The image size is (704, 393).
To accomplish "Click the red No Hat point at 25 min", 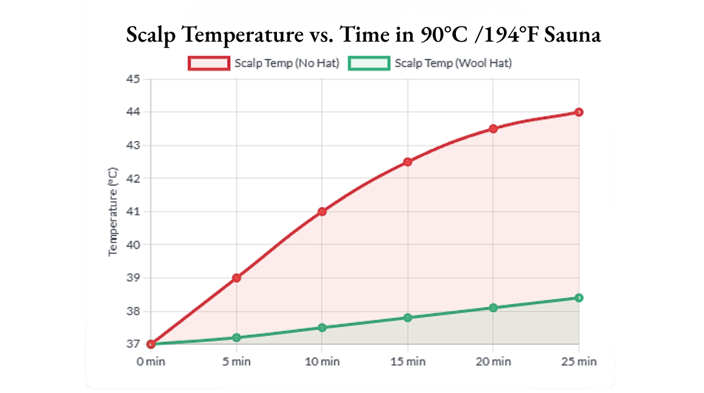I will [x=578, y=112].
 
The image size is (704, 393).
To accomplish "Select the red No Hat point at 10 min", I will [x=322, y=211].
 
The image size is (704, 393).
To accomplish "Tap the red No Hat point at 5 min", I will [x=236, y=277].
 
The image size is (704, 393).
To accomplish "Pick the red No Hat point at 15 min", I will [x=408, y=162].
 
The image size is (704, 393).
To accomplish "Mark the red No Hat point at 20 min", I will [x=493, y=128].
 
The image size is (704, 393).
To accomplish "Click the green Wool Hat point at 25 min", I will [x=578, y=298].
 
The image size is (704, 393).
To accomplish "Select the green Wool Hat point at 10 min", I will [x=322, y=327].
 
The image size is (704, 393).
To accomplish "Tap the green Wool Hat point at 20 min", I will [x=493, y=307].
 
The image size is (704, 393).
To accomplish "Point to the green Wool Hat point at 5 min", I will [x=236, y=337].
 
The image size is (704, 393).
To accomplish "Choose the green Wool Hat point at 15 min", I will [x=408, y=317].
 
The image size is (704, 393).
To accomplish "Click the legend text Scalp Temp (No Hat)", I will [x=287, y=63].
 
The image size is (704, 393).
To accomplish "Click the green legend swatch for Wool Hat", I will [x=369, y=63].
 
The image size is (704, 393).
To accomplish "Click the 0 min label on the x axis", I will [x=151, y=361].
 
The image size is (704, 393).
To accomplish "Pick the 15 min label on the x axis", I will [x=408, y=361].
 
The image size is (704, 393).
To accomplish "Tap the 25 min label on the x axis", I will [x=578, y=361].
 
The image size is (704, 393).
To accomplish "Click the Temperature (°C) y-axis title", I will [x=113, y=211].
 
